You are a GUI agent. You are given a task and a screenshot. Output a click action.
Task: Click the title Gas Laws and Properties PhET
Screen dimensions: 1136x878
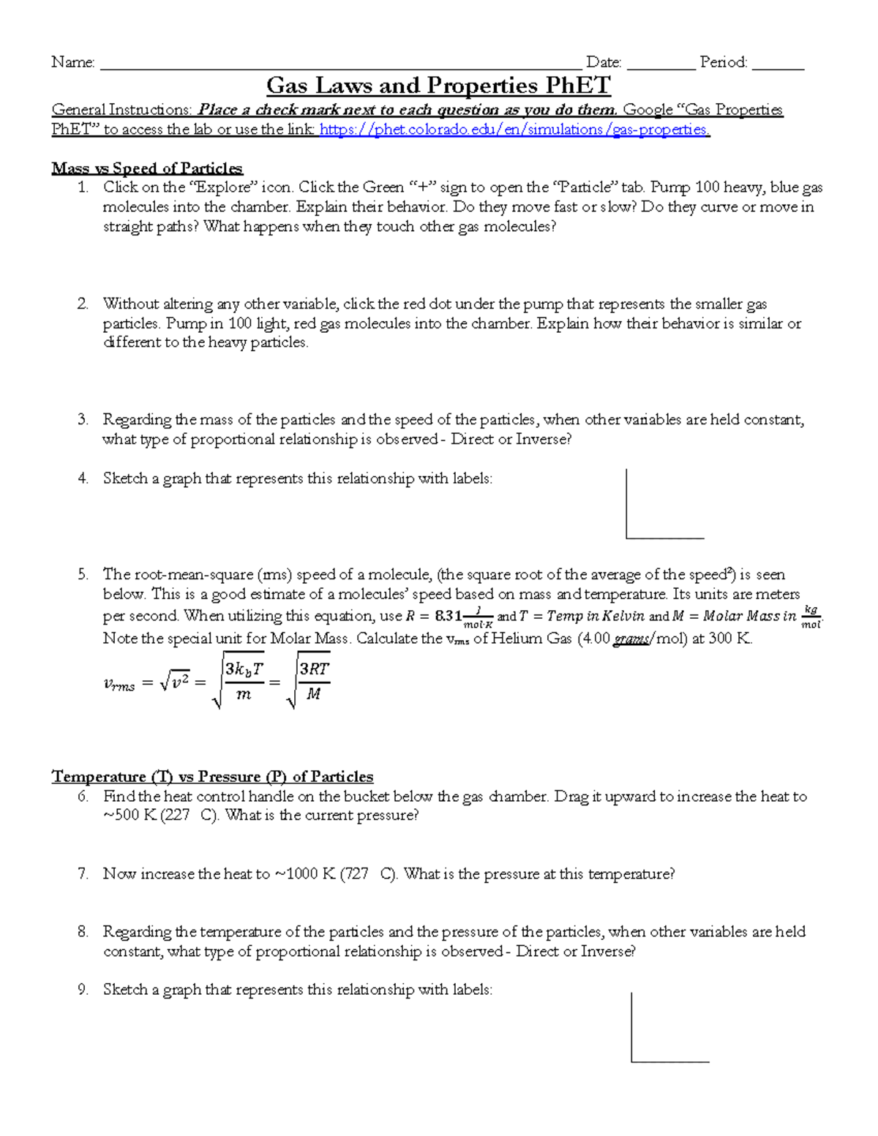click(x=438, y=86)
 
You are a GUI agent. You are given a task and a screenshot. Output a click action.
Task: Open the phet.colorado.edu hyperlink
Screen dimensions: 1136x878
click(x=514, y=129)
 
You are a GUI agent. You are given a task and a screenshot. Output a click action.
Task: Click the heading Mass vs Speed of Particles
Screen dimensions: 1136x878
click(x=147, y=168)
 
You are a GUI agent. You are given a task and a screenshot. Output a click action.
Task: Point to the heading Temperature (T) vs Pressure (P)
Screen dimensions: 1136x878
click(x=212, y=776)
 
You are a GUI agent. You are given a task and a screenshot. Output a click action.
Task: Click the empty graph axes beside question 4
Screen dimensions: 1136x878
click(x=664, y=505)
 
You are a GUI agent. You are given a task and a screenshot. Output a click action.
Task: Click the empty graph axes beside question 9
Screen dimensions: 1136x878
click(x=669, y=1028)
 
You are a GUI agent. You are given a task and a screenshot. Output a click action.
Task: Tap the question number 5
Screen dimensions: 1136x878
click(x=83, y=574)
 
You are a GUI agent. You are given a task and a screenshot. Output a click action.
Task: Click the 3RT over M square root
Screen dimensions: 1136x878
click(x=308, y=681)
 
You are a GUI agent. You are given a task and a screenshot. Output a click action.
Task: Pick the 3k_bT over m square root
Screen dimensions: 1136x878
click(x=239, y=681)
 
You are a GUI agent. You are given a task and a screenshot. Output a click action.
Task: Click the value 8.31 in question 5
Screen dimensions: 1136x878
click(x=448, y=616)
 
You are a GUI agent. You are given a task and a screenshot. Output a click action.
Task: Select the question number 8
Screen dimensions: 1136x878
click(x=83, y=931)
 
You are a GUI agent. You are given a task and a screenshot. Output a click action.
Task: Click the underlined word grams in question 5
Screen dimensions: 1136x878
click(x=630, y=639)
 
